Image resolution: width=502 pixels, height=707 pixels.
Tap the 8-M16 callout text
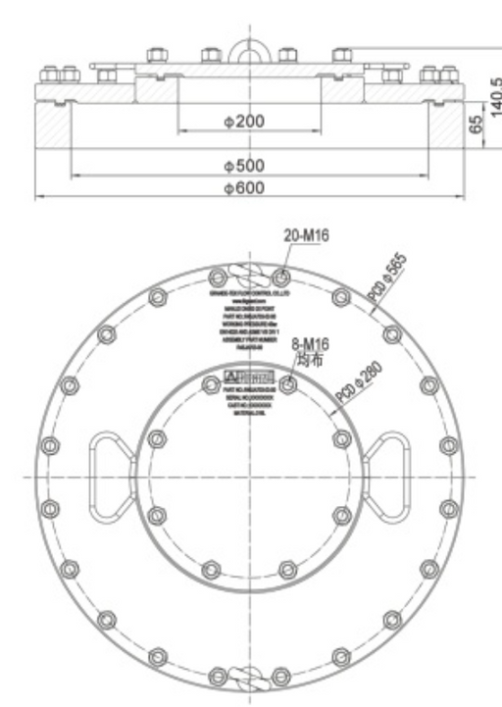pyautogui.click(x=308, y=346)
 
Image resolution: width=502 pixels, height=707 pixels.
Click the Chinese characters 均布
pyautogui.click(x=308, y=360)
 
